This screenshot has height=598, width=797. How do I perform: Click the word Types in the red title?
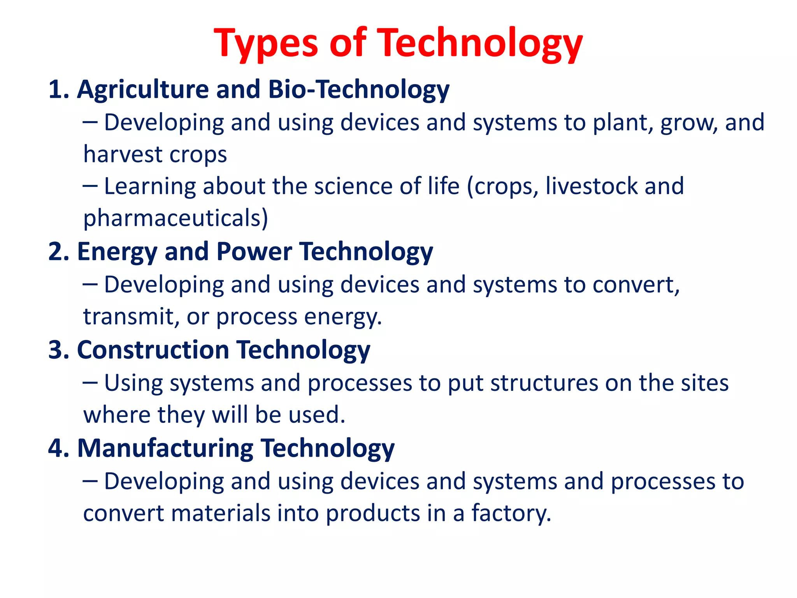coord(266,44)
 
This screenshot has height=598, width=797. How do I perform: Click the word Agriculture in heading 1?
coord(143,90)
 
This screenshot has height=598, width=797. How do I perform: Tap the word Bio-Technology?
coord(359,90)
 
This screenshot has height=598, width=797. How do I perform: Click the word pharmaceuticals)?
coord(176,218)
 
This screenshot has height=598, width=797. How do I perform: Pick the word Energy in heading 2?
coord(117,252)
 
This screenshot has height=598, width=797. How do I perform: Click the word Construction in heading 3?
coord(153,350)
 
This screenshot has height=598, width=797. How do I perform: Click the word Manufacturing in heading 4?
coord(165,448)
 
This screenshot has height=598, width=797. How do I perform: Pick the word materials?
coord(220,513)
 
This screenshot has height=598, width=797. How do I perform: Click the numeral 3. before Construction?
coord(59,350)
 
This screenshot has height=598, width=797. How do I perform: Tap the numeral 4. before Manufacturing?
coord(59,448)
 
